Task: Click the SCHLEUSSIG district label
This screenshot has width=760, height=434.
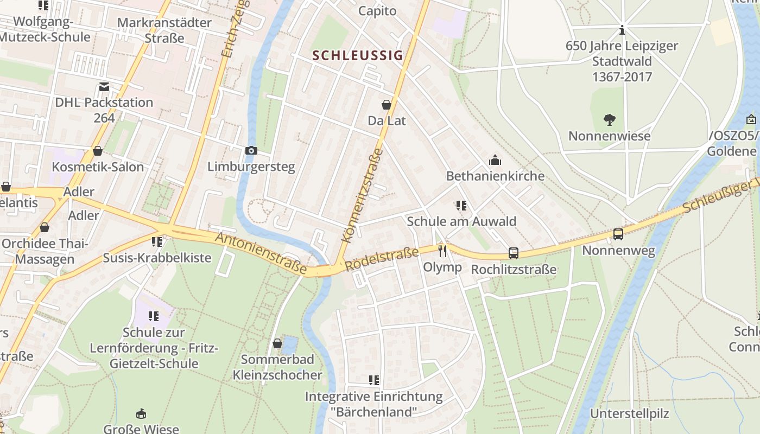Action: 358,55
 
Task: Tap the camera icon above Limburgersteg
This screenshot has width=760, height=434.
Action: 251,150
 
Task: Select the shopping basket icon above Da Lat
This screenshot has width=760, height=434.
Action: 387,105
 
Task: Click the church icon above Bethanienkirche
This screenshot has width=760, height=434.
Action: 495,160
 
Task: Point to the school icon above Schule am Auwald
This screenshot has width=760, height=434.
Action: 461,206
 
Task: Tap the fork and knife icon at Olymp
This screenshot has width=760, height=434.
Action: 442,251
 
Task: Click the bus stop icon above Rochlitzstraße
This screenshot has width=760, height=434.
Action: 514,253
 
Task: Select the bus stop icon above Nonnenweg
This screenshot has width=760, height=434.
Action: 618,234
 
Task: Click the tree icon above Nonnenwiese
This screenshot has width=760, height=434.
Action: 609,120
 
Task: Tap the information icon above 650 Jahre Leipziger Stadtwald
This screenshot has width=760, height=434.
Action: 622,30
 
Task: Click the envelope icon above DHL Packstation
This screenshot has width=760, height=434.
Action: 104,87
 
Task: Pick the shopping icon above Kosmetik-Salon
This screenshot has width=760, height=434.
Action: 98,151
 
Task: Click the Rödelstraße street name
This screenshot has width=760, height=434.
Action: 382,260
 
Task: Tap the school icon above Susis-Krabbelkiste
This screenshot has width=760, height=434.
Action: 157,241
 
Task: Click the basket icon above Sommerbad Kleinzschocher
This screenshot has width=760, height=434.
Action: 277,343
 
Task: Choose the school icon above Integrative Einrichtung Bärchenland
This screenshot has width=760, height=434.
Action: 373,380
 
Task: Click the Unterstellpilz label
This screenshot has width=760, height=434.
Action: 630,413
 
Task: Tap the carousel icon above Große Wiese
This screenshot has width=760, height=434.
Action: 141,414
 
